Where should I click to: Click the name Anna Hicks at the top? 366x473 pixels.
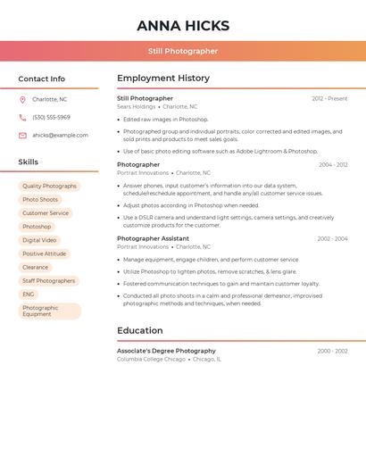(183, 26)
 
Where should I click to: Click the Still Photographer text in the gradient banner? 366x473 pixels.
(183, 51)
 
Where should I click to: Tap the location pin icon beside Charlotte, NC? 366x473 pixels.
(22, 100)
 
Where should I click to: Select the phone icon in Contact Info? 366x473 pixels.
(22, 118)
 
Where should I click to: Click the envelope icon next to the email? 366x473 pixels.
(22, 136)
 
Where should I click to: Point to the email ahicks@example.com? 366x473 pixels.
(60, 136)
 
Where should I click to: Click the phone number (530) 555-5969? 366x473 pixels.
(51, 118)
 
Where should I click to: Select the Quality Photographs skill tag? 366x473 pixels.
(49, 187)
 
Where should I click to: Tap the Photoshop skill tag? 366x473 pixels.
(37, 227)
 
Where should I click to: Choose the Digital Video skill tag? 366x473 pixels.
(39, 240)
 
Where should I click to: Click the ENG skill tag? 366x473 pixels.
(29, 294)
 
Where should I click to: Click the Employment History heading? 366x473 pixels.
(162, 79)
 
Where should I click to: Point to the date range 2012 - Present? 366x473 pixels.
(329, 98)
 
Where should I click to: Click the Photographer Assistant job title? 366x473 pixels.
(153, 238)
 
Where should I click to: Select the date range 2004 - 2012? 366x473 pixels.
(332, 165)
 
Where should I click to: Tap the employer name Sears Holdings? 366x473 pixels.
(136, 106)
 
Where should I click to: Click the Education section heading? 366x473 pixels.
(139, 330)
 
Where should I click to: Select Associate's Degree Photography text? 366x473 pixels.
(166, 351)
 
